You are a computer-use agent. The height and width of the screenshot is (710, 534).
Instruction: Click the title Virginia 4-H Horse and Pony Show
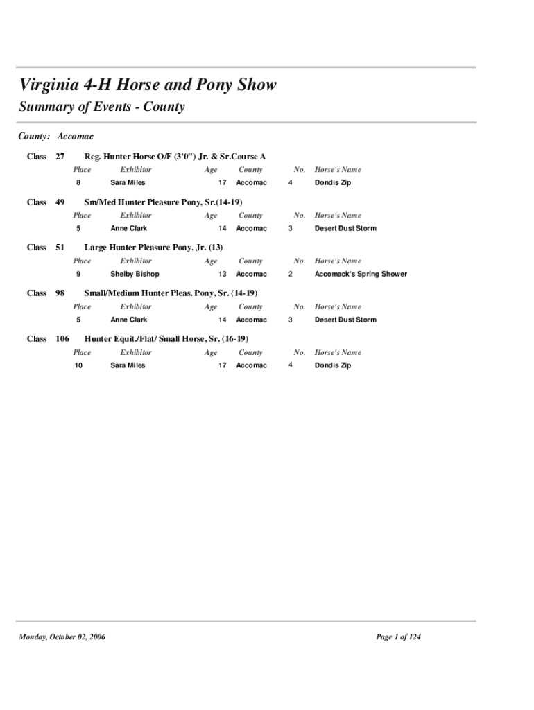pos(148,85)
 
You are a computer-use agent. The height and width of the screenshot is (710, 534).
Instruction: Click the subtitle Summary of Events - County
pos(102,107)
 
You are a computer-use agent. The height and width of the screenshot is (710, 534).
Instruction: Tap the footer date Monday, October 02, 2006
pos(62,637)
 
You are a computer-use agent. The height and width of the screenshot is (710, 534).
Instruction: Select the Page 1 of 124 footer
pos(398,637)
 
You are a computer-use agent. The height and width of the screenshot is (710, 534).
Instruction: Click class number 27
pos(60,157)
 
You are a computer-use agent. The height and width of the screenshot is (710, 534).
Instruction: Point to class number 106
pos(62,339)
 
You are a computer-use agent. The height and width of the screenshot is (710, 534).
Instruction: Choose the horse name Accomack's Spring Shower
pos(361,274)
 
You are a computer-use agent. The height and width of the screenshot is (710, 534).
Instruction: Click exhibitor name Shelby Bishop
pos(135,274)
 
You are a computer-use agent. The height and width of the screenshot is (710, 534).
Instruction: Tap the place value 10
pos(78,365)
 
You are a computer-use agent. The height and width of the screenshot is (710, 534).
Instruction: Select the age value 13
pos(223,274)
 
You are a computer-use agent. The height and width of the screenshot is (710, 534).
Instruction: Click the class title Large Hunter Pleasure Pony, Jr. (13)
pos(153,248)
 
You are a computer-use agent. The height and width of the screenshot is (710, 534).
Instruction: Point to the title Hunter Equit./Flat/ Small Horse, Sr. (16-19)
pos(166,339)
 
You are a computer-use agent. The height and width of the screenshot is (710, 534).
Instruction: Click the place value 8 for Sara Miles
pos(78,183)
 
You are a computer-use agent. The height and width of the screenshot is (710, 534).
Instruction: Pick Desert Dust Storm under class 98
pos(345,320)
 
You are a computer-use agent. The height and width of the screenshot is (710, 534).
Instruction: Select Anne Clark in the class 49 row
pos(129,228)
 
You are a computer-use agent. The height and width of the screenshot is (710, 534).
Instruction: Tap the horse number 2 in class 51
pos(291,274)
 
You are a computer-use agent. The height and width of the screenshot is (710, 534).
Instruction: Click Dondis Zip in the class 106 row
pos(333,365)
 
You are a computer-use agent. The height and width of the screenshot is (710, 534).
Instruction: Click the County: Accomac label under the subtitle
pos(55,137)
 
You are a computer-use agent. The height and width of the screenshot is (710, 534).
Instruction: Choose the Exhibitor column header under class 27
pos(135,170)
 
